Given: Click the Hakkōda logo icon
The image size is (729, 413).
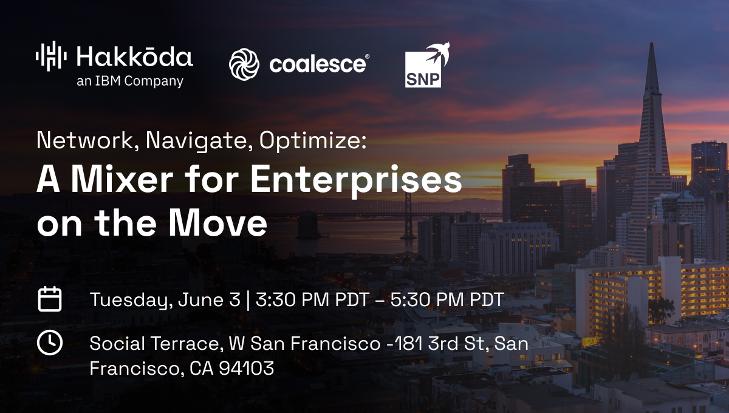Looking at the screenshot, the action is pyautogui.click(x=51, y=56).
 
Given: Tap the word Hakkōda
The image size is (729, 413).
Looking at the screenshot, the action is pyautogui.click(x=135, y=56).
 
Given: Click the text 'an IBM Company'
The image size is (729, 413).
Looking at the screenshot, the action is pyautogui.click(x=130, y=81).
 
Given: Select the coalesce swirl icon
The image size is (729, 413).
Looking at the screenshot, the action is pyautogui.click(x=244, y=64).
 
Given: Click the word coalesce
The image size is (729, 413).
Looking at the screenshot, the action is pyautogui.click(x=318, y=63).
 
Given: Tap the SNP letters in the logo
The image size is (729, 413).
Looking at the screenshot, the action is pyautogui.click(x=423, y=79).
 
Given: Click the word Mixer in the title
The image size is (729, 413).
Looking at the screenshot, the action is pyautogui.click(x=122, y=179).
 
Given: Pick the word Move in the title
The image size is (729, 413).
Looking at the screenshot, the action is pyautogui.click(x=217, y=223).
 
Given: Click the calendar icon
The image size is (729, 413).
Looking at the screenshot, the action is pyautogui.click(x=50, y=299).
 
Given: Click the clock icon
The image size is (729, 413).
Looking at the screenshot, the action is pyautogui.click(x=50, y=343).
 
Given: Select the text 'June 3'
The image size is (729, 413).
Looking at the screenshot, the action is pyautogui.click(x=209, y=299).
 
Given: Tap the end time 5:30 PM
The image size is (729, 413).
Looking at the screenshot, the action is pyautogui.click(x=426, y=299).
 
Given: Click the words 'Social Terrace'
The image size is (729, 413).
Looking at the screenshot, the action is pyautogui.click(x=154, y=343).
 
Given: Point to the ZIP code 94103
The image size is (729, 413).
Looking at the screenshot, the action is pyautogui.click(x=247, y=368).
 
